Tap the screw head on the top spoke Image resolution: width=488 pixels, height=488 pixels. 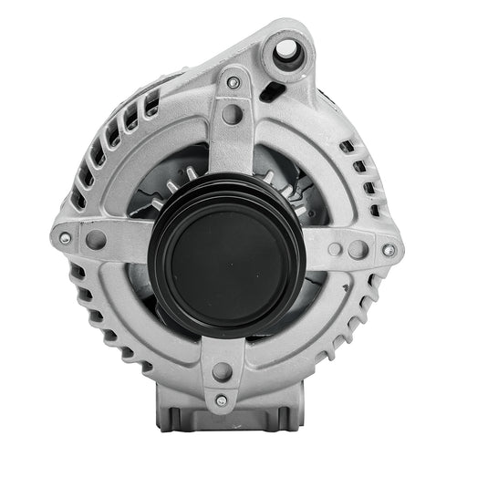pyautogui.click(x=234, y=83)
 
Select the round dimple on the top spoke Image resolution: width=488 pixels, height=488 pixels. pyautogui.click(x=232, y=114)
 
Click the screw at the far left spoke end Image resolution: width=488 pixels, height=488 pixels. pyautogui.click(x=65, y=238)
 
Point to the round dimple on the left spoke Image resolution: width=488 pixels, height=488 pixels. pyautogui.click(x=95, y=241)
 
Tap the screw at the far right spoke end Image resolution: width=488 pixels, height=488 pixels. pyautogui.click(x=389, y=250)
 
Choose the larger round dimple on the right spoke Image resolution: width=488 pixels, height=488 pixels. pyautogui.click(x=358, y=249)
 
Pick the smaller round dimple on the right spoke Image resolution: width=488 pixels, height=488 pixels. pyautogui.click(x=336, y=249)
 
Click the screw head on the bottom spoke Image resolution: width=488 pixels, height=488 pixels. pyautogui.click(x=220, y=400)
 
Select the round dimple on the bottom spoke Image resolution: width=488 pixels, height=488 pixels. pyautogui.click(x=221, y=370)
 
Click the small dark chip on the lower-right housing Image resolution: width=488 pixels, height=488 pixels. pyautogui.click(x=344, y=290)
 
